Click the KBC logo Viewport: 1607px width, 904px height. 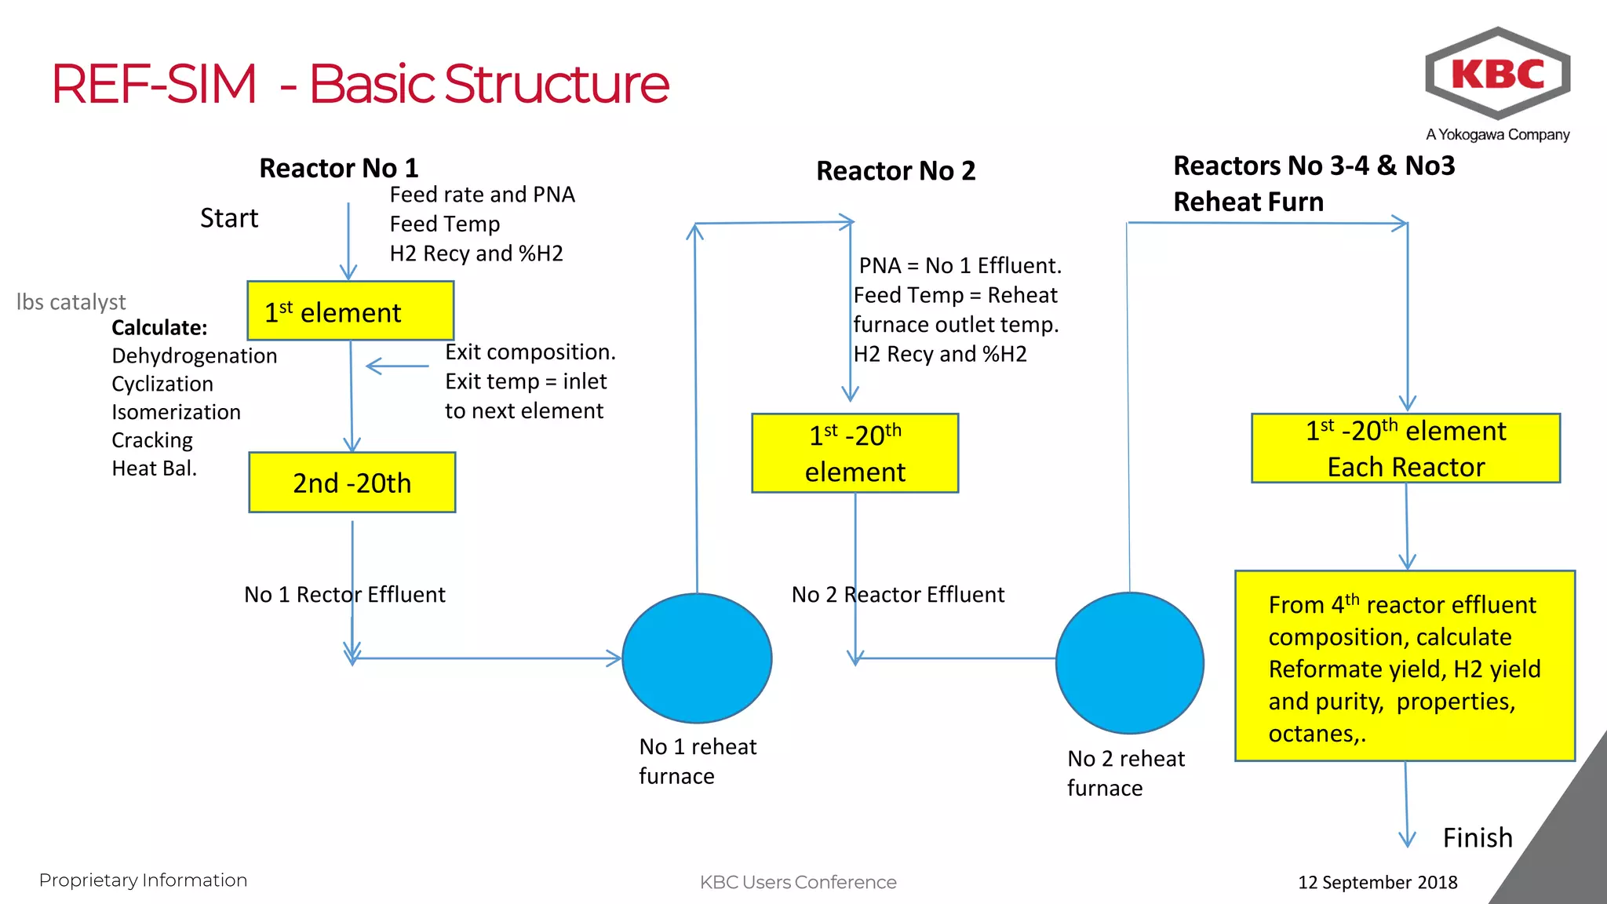point(1497,74)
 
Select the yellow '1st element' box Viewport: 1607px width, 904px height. point(350,312)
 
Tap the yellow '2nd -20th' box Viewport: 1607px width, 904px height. point(352,483)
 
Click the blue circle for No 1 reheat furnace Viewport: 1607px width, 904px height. point(697,658)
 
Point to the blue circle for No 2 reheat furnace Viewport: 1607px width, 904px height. point(1129,663)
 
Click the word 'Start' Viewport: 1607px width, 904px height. point(228,218)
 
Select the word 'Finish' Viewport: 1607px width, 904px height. point(1477,837)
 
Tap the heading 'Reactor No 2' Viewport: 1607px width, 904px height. point(895,171)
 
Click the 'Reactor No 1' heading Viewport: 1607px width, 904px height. point(338,168)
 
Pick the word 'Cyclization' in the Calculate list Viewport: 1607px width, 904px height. point(162,384)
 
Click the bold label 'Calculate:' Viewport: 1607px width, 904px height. point(159,328)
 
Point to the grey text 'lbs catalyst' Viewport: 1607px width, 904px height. point(71,302)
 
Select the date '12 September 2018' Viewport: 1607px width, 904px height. point(1377,882)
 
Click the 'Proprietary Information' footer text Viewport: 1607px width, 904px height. point(143,880)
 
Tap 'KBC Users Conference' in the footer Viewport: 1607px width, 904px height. point(797,882)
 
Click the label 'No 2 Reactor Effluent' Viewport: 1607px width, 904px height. point(898,595)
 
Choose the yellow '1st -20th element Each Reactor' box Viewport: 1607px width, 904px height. point(1405,448)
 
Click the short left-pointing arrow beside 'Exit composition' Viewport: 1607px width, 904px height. point(397,366)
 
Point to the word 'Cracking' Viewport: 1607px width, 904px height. point(152,440)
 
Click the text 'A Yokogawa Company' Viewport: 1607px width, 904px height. point(1497,135)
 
